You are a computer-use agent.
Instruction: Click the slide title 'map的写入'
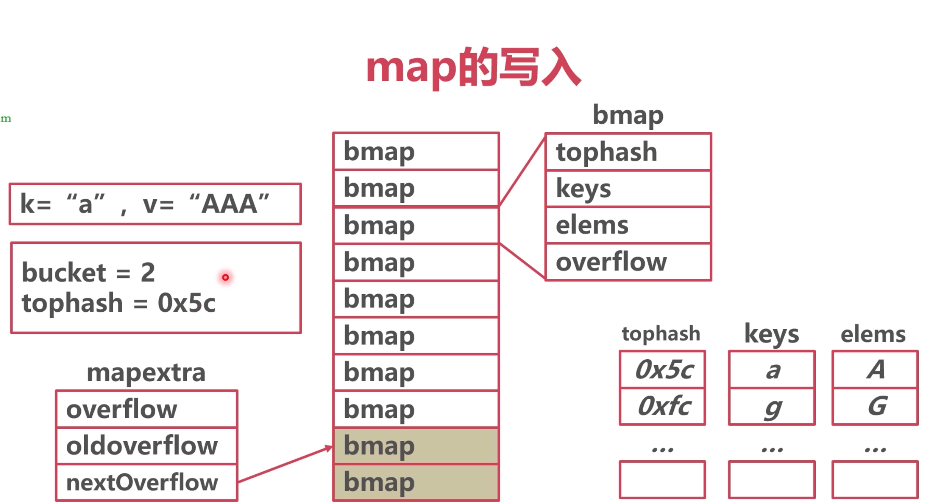[x=473, y=68]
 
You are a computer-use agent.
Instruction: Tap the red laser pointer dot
[x=225, y=277]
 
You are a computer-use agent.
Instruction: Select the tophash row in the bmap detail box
[x=628, y=152]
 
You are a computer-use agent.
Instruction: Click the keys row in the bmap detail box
[x=628, y=188]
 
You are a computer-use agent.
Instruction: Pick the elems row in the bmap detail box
[x=628, y=225]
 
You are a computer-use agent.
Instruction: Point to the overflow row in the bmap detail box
[x=628, y=262]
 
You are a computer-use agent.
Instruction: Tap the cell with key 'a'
[x=772, y=369]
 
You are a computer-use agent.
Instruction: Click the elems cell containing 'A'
[x=875, y=369]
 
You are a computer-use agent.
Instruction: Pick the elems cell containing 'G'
[x=875, y=406]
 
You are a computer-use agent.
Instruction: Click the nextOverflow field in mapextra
[x=147, y=483]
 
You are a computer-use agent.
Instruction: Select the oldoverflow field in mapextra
[x=147, y=446]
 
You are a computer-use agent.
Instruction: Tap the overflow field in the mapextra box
[x=147, y=409]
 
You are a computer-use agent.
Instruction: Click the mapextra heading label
[x=146, y=373]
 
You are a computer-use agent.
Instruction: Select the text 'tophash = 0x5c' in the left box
[x=119, y=303]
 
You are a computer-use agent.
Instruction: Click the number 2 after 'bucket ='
[x=148, y=272]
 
